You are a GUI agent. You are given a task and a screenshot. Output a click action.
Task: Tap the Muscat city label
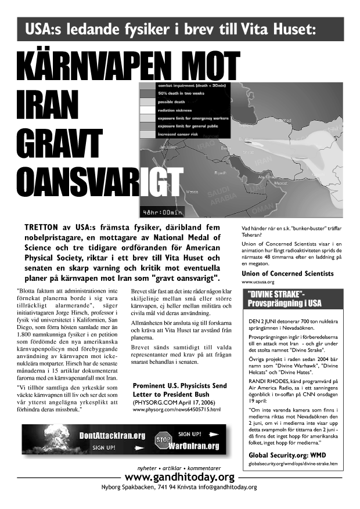(280, 182)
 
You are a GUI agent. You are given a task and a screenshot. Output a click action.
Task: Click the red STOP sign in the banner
(163, 440)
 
